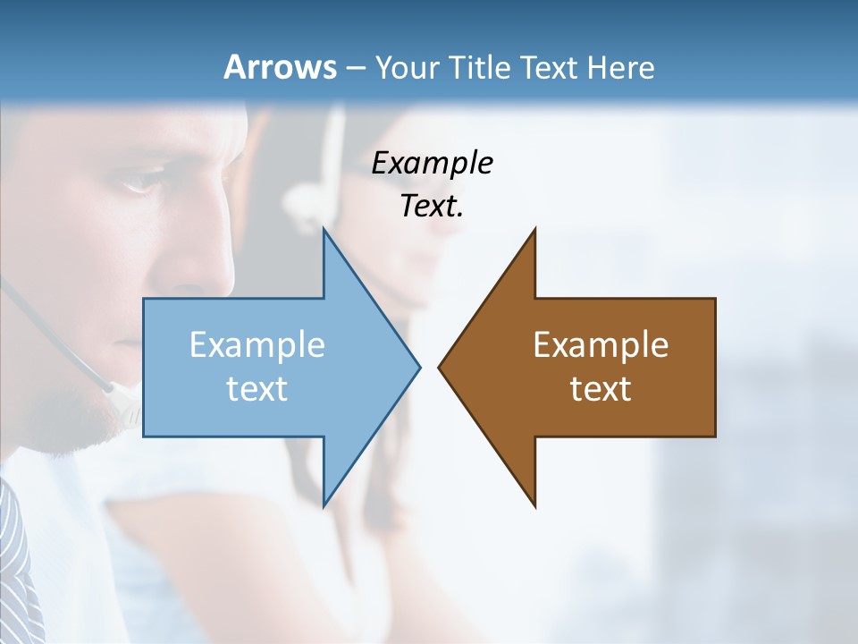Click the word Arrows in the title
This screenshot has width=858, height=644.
280,67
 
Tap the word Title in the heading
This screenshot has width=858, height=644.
480,67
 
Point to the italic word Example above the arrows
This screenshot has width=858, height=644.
433,164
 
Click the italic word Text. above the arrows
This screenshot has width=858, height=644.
433,207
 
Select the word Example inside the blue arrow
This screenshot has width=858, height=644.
257,345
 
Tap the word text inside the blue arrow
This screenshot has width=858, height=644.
257,389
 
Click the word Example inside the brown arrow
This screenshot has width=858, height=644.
601,345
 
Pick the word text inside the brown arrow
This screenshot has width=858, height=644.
601,389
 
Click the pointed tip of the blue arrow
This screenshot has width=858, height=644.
418,367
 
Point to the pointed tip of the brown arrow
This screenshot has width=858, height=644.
440,367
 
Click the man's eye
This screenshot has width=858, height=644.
143,183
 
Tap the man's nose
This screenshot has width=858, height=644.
214,259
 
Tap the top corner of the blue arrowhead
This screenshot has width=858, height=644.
324,230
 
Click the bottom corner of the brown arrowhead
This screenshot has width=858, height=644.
534,505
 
